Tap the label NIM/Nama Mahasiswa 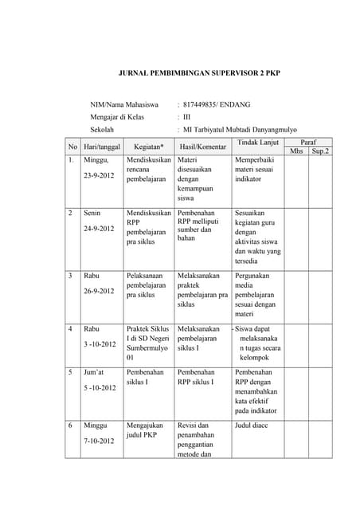click(127, 104)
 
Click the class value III click(188, 116)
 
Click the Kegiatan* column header click(149, 147)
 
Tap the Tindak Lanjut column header click(257, 142)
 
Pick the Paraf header click(308, 140)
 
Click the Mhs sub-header click(296, 151)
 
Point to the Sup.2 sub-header click(320, 151)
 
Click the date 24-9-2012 click(100, 228)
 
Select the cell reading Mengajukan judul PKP click(145, 431)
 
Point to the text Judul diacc click(254, 426)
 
